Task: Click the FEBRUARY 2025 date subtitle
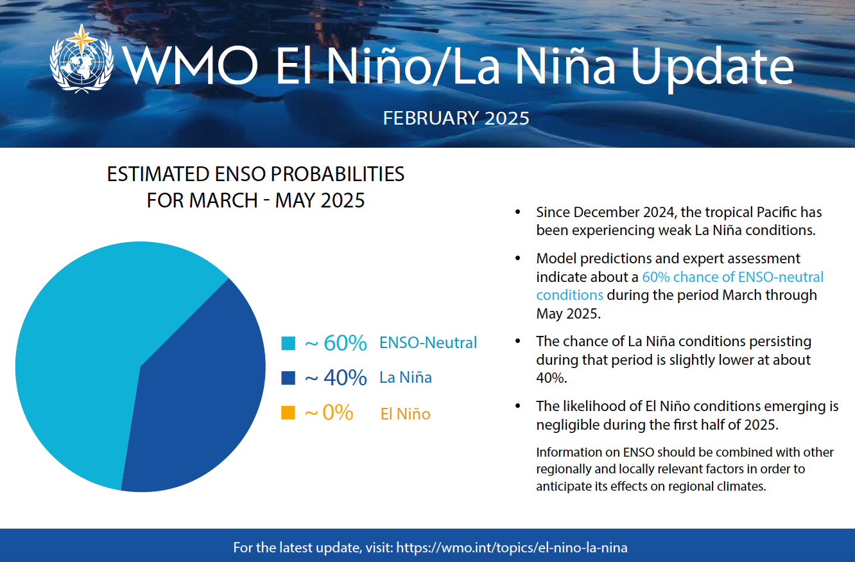coord(456,118)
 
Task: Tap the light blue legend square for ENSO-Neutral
coord(288,343)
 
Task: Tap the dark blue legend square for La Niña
coord(288,378)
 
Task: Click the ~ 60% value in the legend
coord(336,343)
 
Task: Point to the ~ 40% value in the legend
coord(336,378)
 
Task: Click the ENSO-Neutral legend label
coord(428,343)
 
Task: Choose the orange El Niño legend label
coord(405,414)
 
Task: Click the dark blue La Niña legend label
coord(405,378)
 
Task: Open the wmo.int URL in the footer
coord(512,548)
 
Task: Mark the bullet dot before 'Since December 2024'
coord(518,213)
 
